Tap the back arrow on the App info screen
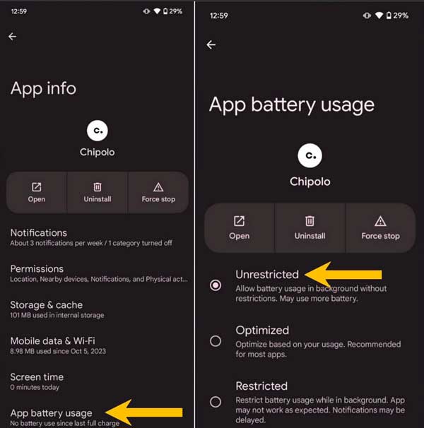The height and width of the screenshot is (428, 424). tap(12, 37)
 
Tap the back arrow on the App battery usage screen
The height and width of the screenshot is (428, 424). tap(211, 44)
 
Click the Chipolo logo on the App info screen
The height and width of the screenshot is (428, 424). tap(98, 131)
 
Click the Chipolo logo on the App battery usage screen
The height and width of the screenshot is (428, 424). tap(310, 155)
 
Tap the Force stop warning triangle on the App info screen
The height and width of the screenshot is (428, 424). tap(158, 187)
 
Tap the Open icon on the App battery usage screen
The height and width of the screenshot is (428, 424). tap(239, 221)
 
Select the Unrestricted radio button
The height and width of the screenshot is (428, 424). tap(216, 285)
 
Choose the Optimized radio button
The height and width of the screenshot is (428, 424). tap(216, 341)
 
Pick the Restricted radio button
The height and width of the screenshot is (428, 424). tap(216, 402)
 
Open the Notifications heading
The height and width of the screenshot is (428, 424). tap(39, 233)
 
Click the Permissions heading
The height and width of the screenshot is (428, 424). tap(37, 269)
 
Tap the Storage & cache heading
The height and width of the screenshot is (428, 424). tap(46, 305)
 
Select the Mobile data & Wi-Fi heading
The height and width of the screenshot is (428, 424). tap(52, 341)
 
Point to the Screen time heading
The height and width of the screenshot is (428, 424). tap(37, 377)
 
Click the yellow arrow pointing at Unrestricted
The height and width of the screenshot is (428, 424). tap(343, 275)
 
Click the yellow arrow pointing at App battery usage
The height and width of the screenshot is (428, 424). tap(143, 412)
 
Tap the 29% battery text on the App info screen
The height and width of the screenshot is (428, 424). tap(175, 11)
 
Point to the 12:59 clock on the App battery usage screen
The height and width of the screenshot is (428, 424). tap(218, 16)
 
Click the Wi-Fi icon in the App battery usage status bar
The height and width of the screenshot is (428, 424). tap(379, 16)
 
